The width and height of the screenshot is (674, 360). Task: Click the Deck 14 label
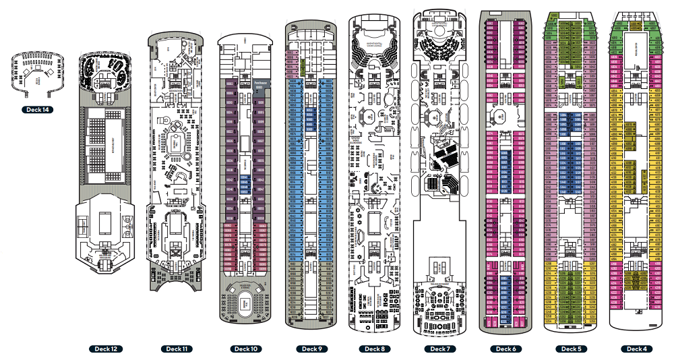34,110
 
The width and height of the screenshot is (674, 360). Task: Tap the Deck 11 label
175,349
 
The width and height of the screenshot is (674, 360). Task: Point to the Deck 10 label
244,349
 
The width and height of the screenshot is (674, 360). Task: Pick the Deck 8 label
374,349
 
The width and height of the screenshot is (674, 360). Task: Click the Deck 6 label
506,349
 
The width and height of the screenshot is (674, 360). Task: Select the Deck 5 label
570,349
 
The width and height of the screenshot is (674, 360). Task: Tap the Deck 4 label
635,349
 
